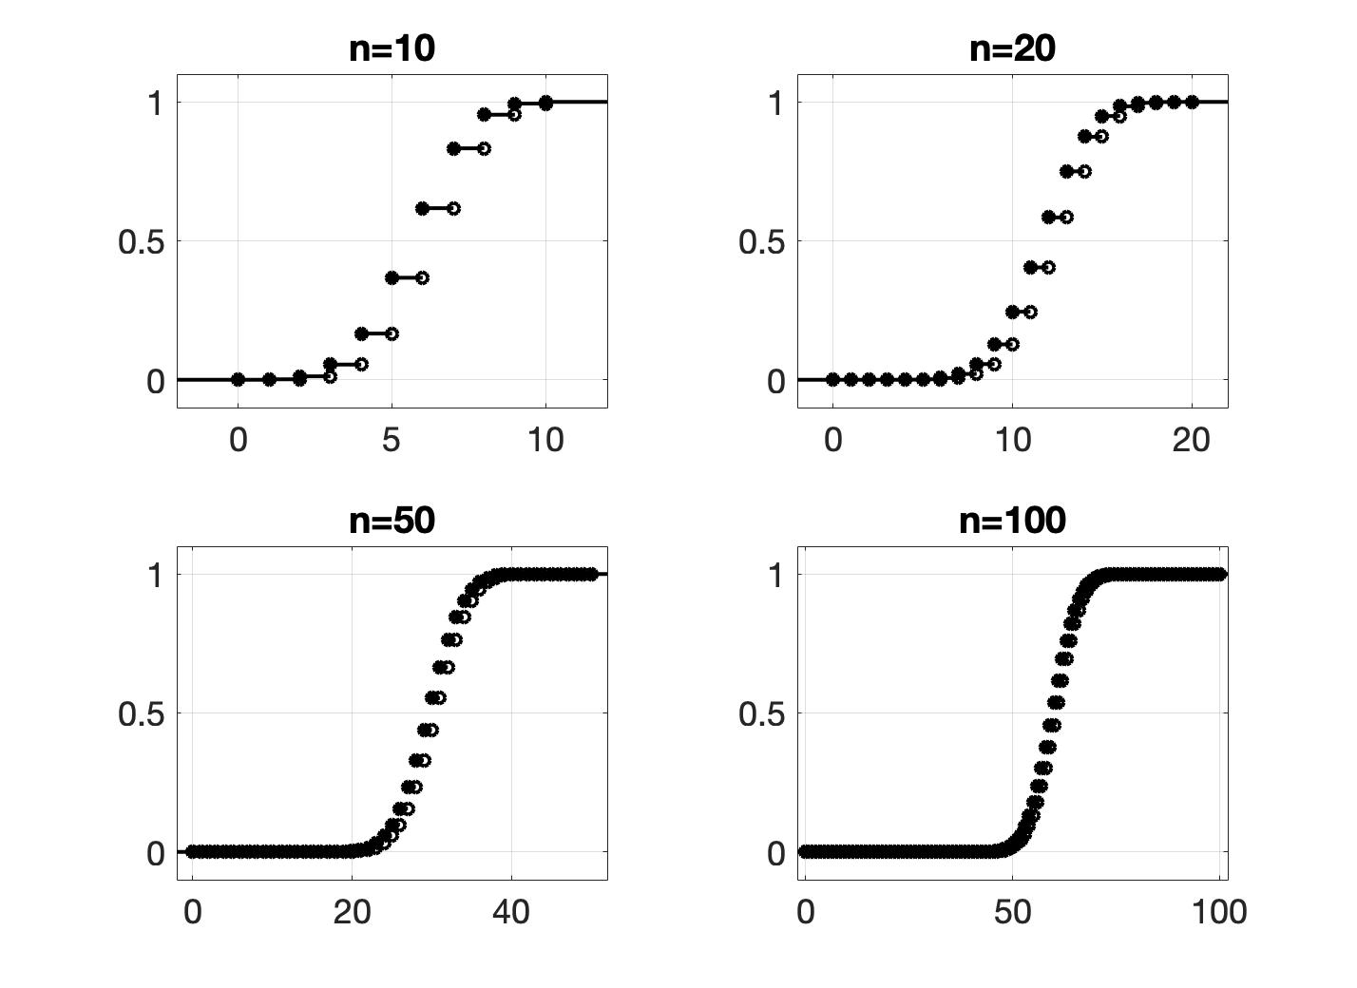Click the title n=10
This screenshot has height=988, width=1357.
pos(392,47)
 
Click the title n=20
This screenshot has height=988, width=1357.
pos(1012,47)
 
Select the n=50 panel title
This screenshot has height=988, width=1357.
pos(392,520)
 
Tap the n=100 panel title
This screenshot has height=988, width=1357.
pos(1012,520)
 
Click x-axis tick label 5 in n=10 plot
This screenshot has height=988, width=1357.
pos(392,440)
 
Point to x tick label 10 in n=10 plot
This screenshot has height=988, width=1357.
pos(545,440)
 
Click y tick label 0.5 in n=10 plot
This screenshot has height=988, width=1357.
pos(141,242)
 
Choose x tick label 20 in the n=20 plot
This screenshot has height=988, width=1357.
pos(1191,440)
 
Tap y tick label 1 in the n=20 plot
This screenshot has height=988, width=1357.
pos(776,103)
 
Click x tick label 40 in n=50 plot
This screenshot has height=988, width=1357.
pos(511,912)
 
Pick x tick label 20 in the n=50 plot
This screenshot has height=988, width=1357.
pos(352,912)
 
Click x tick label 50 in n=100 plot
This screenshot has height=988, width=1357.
pos(1012,912)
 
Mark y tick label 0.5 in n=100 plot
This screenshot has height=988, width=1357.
pos(761,714)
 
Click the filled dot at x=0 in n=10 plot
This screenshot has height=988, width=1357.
pos(239,379)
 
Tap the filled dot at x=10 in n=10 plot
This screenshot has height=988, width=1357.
pos(545,103)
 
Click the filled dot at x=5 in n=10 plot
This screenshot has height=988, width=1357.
pos(392,277)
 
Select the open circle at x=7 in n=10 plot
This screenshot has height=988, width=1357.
pos(453,208)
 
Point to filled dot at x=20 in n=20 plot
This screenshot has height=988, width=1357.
pos(1191,102)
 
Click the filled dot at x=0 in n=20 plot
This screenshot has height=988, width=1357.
pos(833,379)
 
